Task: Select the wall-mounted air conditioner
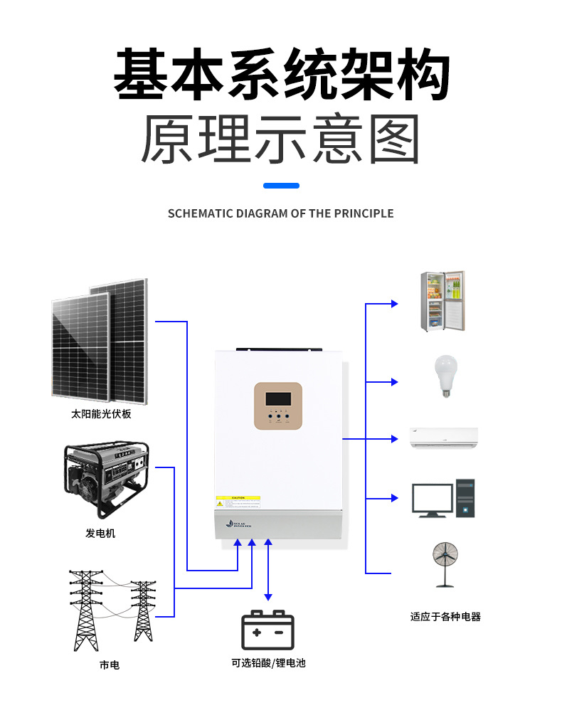443,438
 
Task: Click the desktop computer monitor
433,499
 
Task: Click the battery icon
267,630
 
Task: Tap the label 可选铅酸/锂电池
268,663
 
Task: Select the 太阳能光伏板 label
101,413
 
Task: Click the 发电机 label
100,533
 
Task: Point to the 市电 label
109,665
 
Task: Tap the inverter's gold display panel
278,407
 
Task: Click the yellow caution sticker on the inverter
238,498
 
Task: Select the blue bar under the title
281,186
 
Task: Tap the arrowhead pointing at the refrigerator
394,304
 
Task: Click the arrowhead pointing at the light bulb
394,382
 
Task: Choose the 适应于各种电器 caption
445,617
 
